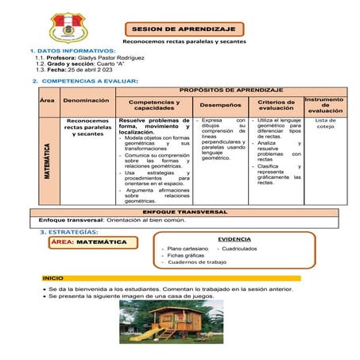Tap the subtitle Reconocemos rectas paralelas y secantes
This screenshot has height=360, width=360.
pos(184,41)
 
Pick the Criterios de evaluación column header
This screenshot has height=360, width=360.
pos(277,104)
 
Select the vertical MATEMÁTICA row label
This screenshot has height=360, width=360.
pos(48,161)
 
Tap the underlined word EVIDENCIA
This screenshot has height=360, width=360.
pos(234,238)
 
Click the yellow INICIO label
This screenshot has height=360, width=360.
pos(53,277)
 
